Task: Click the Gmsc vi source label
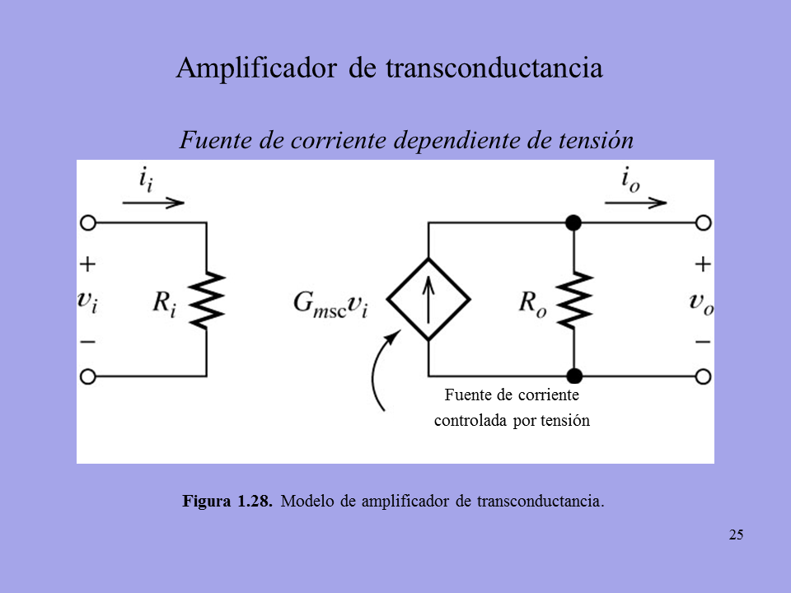pos(330,304)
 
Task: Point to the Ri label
pos(165,304)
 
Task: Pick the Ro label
pos(532,304)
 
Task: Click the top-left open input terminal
pos(88,222)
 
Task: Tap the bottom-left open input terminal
pos(88,376)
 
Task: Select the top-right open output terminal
pos(703,222)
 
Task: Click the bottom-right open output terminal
pos(703,376)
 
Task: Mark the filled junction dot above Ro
pos(573,222)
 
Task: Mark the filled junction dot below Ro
pos(574,376)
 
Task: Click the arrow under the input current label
pos(153,203)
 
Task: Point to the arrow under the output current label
pos(635,203)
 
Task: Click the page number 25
pos(736,535)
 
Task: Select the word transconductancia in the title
pos(494,68)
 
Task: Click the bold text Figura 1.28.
pos(227,502)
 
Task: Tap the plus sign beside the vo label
pos(703,264)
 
